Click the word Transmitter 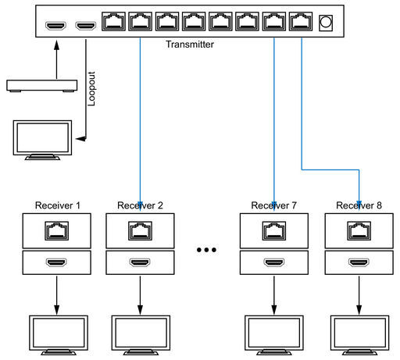click(x=190, y=45)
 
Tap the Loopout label click(x=91, y=89)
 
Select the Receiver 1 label click(x=58, y=205)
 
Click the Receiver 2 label click(x=140, y=205)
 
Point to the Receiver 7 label click(x=273, y=205)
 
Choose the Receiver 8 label click(x=359, y=205)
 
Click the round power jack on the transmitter click(x=326, y=23)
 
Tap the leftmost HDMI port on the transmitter click(x=55, y=26)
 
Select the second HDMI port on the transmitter click(x=86, y=26)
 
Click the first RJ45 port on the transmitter click(x=113, y=21)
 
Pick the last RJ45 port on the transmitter click(x=301, y=21)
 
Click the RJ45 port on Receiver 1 click(x=57, y=230)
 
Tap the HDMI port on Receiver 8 click(x=359, y=262)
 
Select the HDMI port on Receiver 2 click(x=140, y=262)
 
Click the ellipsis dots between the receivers click(x=206, y=250)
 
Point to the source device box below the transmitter click(x=42, y=86)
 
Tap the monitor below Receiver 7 click(x=274, y=335)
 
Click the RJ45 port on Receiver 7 click(x=274, y=230)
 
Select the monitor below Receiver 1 click(x=59, y=335)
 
